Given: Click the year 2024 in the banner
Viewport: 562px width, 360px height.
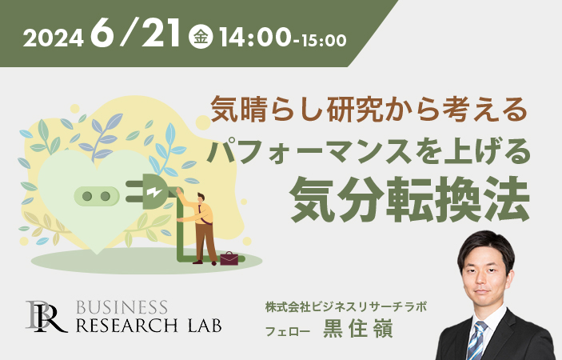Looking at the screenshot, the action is coord(54,38).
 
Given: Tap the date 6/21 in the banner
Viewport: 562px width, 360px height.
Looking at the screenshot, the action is coord(135,33).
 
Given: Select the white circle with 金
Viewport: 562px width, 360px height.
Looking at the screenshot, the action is coord(201,37).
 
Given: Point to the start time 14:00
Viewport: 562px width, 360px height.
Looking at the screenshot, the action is coord(255,38).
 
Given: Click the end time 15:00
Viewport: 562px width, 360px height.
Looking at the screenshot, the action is coord(324,41).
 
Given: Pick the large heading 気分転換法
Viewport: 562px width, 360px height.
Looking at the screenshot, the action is coord(410,199).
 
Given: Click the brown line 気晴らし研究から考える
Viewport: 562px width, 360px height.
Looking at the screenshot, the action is coord(369,110).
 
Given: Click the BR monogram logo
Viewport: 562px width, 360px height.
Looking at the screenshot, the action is coord(46,317).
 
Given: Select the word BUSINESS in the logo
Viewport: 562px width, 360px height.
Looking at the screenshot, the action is coord(122,308).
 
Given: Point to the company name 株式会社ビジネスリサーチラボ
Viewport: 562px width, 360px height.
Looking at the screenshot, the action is coord(346,307).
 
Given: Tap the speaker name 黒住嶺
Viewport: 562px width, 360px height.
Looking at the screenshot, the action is coord(358,329).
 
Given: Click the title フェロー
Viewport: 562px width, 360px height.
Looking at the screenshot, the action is coord(288,331).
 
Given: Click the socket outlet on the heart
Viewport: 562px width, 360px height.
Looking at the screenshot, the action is coord(97,196).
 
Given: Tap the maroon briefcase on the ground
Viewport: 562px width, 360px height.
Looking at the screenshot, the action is coord(229,258).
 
